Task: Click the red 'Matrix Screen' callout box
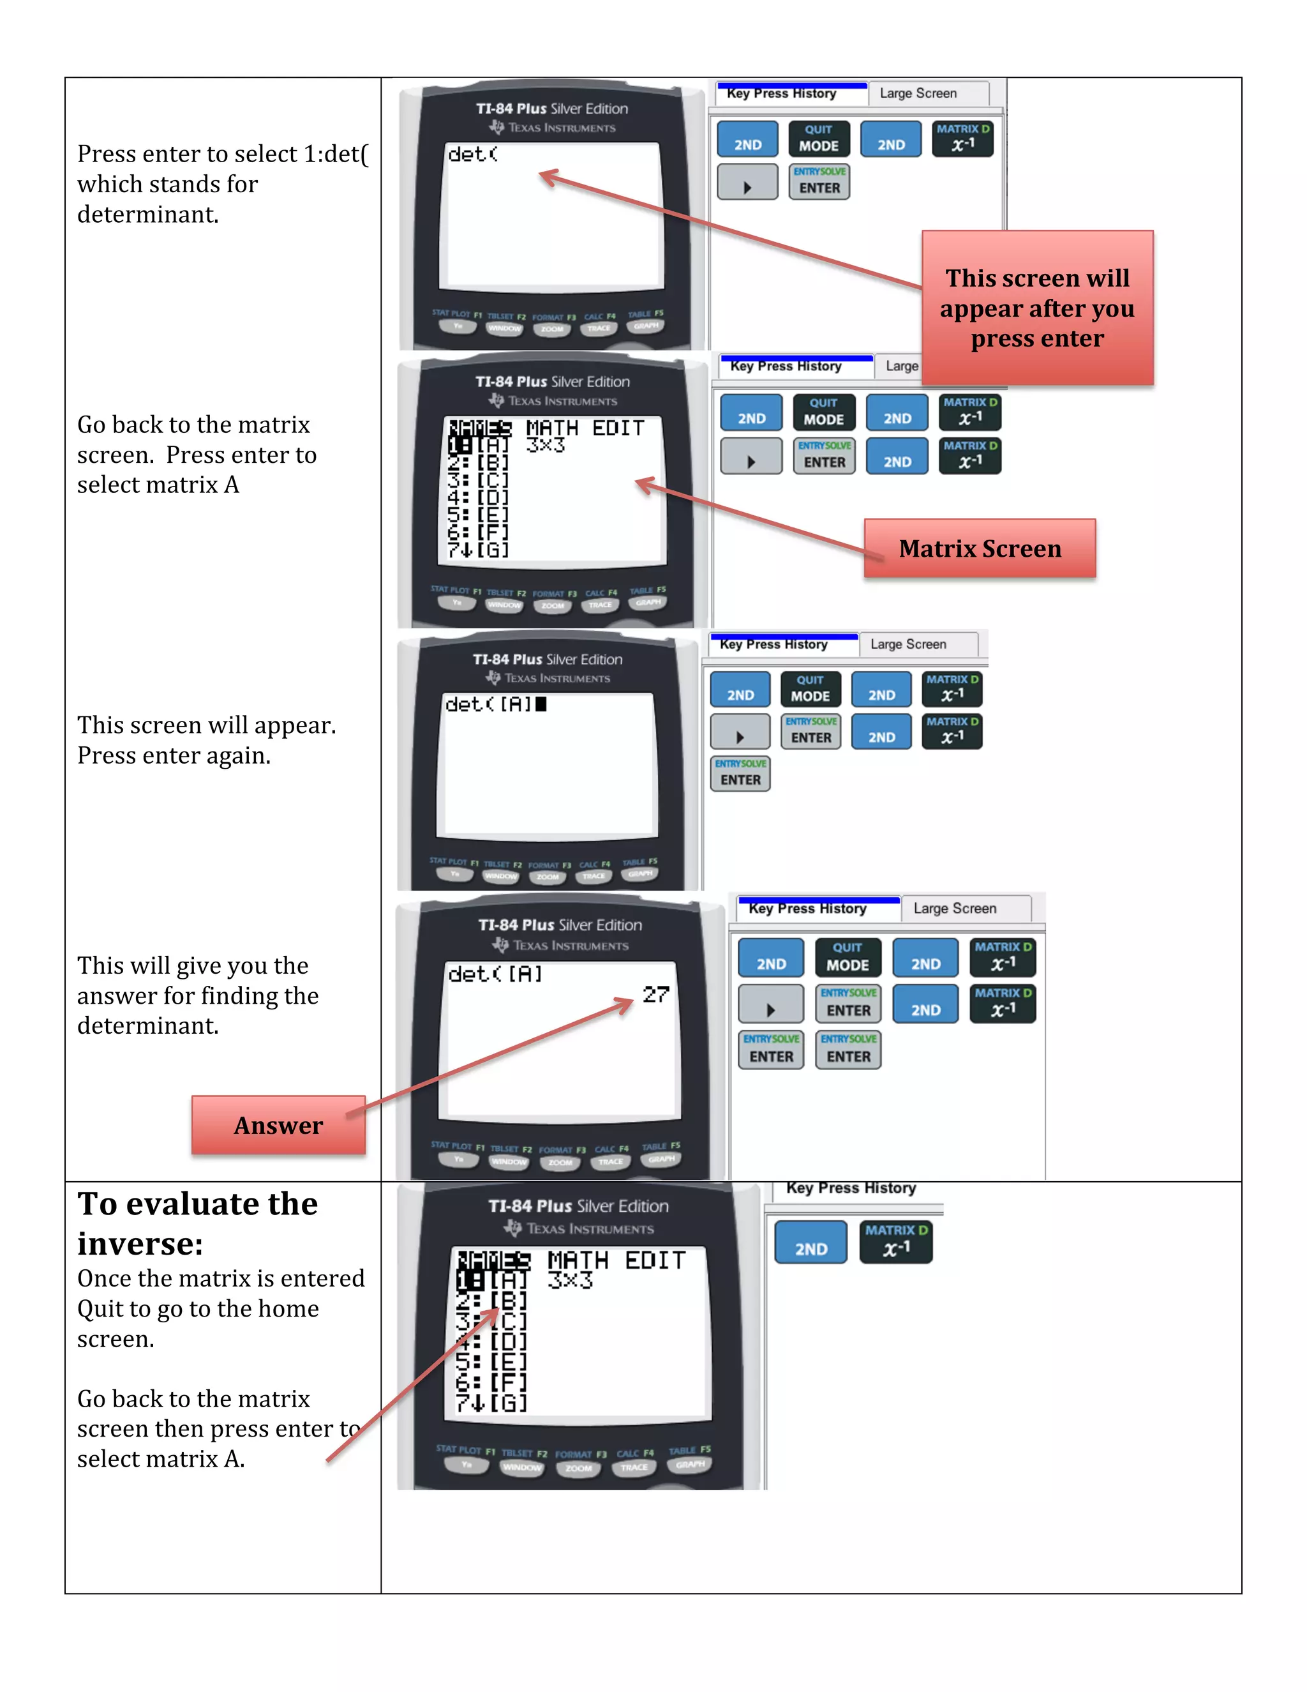[x=980, y=548]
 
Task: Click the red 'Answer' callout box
[x=278, y=1125]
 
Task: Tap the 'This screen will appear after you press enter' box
[x=1037, y=308]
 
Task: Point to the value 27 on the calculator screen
[x=655, y=994]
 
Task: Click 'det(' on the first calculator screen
[x=472, y=155]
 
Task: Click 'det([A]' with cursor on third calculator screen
[x=495, y=704]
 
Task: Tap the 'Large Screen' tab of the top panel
[x=918, y=94]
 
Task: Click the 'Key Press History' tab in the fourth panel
[x=807, y=909]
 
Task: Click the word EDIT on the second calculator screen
[x=618, y=428]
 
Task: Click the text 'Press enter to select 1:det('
[x=223, y=154]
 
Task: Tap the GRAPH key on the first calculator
[x=646, y=326]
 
